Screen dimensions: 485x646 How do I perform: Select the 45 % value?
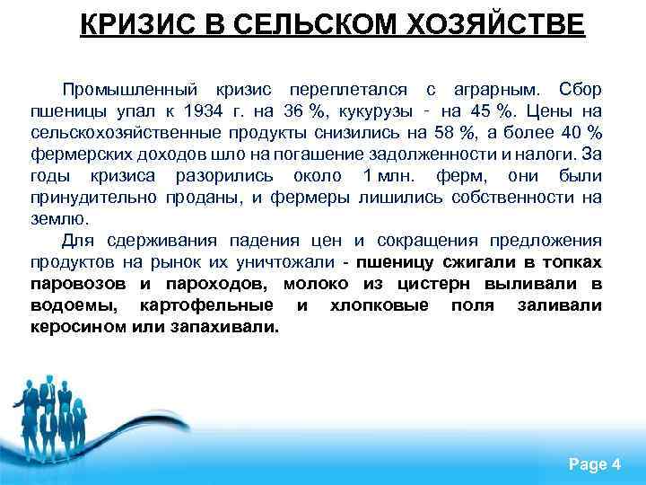point(476,111)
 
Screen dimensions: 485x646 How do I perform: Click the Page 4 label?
point(594,463)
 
